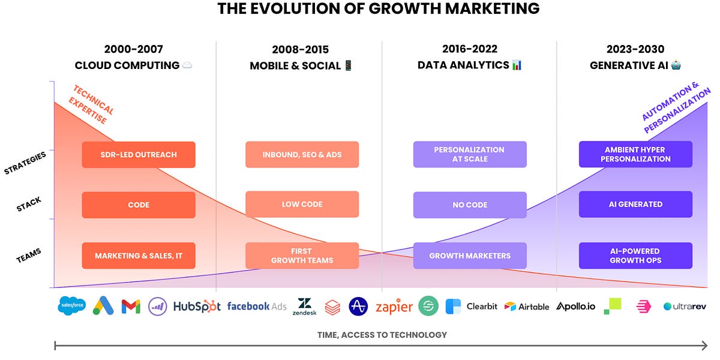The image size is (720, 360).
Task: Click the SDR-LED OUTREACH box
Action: [139, 155]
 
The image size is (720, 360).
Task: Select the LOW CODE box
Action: [302, 205]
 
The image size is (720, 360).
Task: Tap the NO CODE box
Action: [470, 205]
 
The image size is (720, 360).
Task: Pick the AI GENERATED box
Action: [635, 205]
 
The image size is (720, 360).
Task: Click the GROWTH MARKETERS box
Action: [470, 256]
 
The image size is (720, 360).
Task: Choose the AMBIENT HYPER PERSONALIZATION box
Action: [635, 155]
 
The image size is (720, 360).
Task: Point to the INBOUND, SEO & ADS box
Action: [302, 155]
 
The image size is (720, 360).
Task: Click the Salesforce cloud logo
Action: [72, 306]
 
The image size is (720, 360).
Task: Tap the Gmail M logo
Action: [130, 307]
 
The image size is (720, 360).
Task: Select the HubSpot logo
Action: [197, 306]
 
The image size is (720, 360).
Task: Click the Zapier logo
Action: [394, 307]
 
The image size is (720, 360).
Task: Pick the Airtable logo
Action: [527, 307]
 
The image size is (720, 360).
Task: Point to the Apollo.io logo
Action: [575, 306]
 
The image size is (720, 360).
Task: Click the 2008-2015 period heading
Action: [300, 50]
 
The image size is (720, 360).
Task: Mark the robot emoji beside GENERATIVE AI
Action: [676, 65]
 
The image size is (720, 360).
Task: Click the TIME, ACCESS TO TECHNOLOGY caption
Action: [382, 335]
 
